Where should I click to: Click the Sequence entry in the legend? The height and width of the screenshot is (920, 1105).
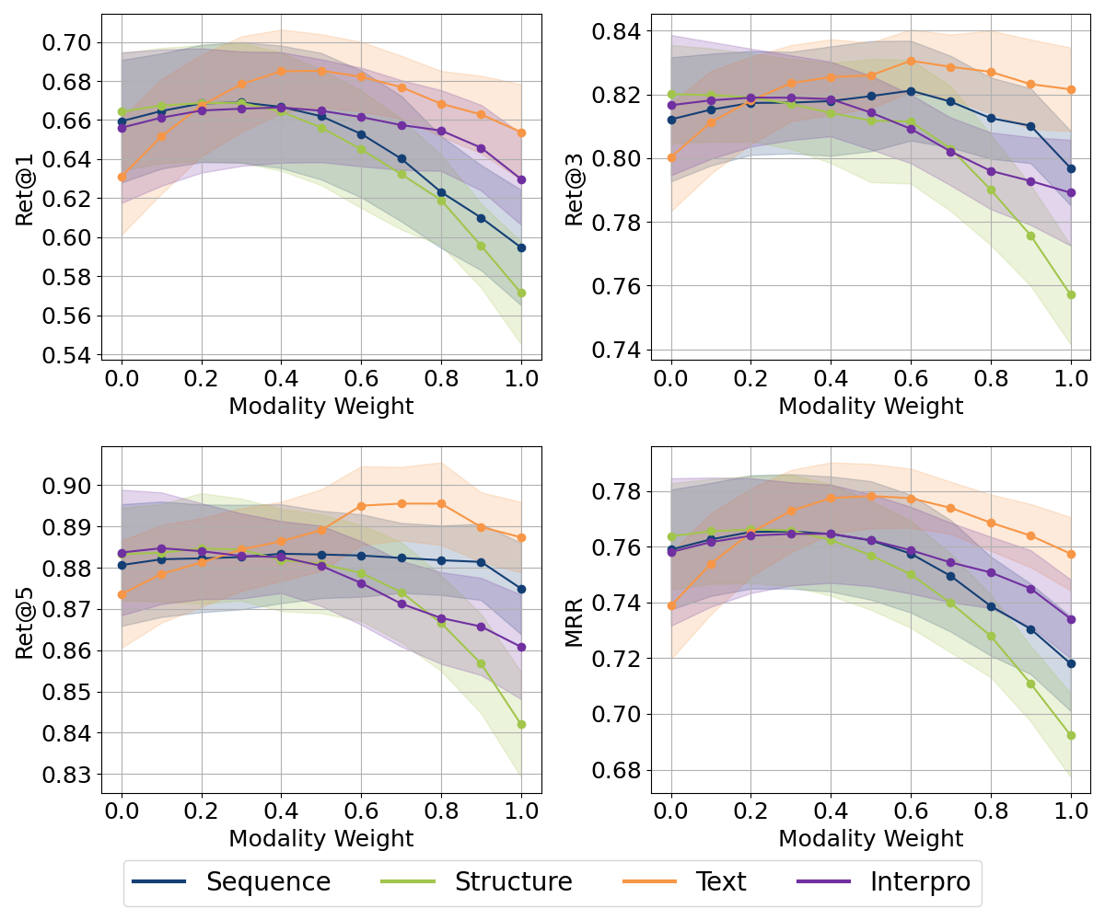pyautogui.click(x=268, y=882)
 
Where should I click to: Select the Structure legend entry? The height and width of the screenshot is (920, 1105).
pyautogui.click(x=513, y=882)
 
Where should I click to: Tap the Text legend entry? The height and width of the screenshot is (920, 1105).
pyautogui.click(x=720, y=882)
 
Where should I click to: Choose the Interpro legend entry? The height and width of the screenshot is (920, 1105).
pyautogui.click(x=920, y=882)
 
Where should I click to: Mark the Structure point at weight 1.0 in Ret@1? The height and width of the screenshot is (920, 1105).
pyautogui.click(x=521, y=293)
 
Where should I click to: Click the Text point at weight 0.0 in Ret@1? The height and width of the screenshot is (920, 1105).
pyautogui.click(x=122, y=177)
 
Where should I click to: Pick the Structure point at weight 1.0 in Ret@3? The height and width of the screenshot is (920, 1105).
pyautogui.click(x=1071, y=294)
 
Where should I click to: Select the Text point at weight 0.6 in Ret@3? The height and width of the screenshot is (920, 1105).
pyautogui.click(x=911, y=61)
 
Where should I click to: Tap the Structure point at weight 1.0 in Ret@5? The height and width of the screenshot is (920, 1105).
pyautogui.click(x=521, y=724)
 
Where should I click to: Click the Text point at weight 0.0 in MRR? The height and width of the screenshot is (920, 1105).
pyautogui.click(x=671, y=605)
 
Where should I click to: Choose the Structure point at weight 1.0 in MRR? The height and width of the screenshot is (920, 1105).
pyautogui.click(x=1071, y=735)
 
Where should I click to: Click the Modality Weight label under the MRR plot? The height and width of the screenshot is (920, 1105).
pyautogui.click(x=870, y=838)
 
